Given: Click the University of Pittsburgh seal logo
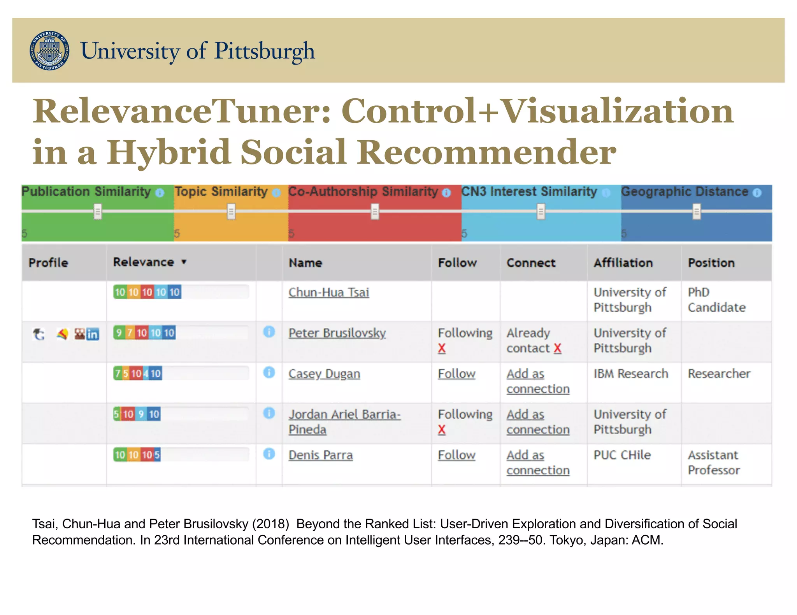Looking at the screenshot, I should coord(50,51).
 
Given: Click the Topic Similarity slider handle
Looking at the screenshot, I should coord(231,212).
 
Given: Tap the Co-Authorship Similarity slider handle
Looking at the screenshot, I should coord(375,212).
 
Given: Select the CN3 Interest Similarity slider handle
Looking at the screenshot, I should coord(541,212).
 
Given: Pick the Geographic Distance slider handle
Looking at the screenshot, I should coord(696,212).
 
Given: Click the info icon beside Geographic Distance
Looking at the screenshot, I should coord(757,193).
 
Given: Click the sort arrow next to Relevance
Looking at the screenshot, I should coord(184,262).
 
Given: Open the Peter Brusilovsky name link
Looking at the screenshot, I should coord(337,333).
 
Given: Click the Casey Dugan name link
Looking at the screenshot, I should coord(324,374).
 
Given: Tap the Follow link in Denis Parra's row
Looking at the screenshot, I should coord(456,455).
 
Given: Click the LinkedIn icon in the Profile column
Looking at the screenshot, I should coord(93,334).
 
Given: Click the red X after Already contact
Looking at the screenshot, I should coord(557,348).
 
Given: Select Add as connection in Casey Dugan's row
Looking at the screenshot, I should coord(537,381).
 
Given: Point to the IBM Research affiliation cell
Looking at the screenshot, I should coord(630,374).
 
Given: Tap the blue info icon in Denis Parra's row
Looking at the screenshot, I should coord(269,454).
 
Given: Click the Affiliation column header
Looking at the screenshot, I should coord(623,263).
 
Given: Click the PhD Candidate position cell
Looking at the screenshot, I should coord(716,300).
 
